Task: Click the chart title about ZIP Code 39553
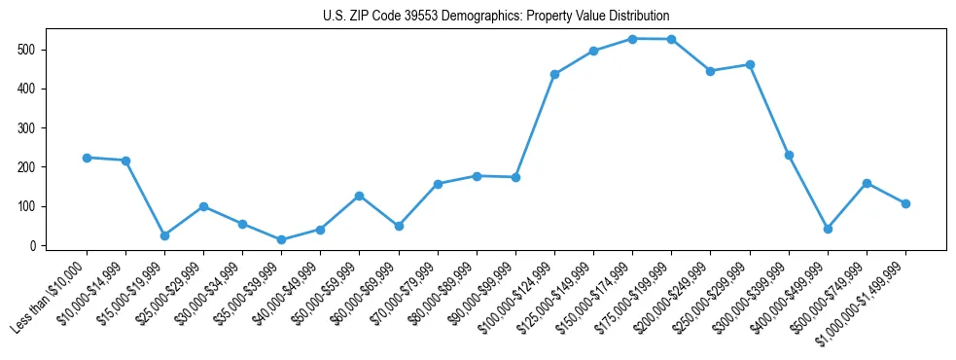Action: (496, 16)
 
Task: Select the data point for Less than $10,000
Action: (87, 158)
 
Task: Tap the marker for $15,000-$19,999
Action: (164, 235)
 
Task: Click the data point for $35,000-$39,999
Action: (281, 240)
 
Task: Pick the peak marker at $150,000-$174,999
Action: (632, 39)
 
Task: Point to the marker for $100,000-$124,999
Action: (554, 74)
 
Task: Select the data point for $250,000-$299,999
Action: (750, 64)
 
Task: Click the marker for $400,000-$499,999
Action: (828, 229)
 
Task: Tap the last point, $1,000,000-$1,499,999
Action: (905, 203)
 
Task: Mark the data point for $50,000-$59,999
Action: (359, 196)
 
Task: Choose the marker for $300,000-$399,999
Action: (789, 155)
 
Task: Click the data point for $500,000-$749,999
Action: (867, 183)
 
